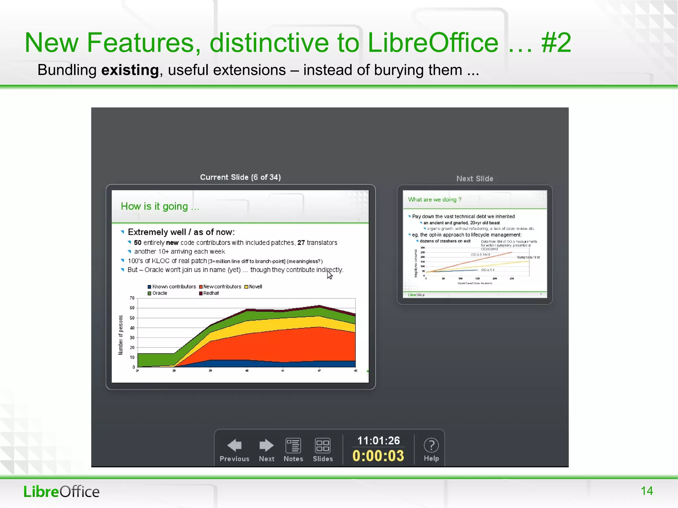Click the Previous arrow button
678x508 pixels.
click(x=234, y=445)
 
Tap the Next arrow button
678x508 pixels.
click(x=266, y=445)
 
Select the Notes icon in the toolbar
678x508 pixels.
click(x=293, y=445)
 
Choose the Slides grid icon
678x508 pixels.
click(x=322, y=445)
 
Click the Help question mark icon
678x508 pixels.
click(x=431, y=445)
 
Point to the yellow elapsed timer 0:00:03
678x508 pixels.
click(x=378, y=456)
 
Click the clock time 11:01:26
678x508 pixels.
click(x=378, y=440)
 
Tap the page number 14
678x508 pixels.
click(x=647, y=491)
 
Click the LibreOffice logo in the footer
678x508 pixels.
click(x=61, y=491)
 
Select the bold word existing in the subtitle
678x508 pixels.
click(x=130, y=70)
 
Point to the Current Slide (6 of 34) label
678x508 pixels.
click(x=240, y=177)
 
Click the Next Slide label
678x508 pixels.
click(x=475, y=179)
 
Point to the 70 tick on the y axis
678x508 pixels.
click(x=132, y=298)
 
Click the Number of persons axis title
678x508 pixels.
click(x=121, y=335)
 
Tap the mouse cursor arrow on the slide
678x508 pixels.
click(x=329, y=274)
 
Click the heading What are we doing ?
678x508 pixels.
click(x=434, y=200)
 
